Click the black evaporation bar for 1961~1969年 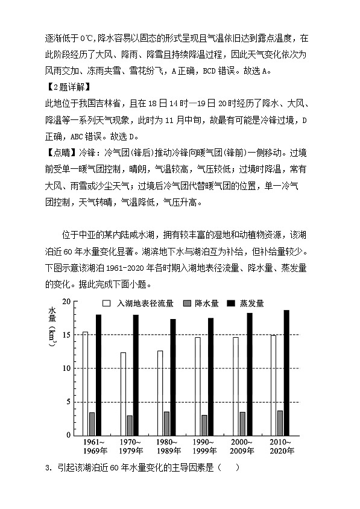tap(98, 375)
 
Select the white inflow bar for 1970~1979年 tap(123, 393)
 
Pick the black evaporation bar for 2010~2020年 tap(286, 373)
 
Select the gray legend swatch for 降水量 tap(185, 303)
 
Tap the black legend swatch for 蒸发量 tap(230, 303)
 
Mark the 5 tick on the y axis tap(69, 402)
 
